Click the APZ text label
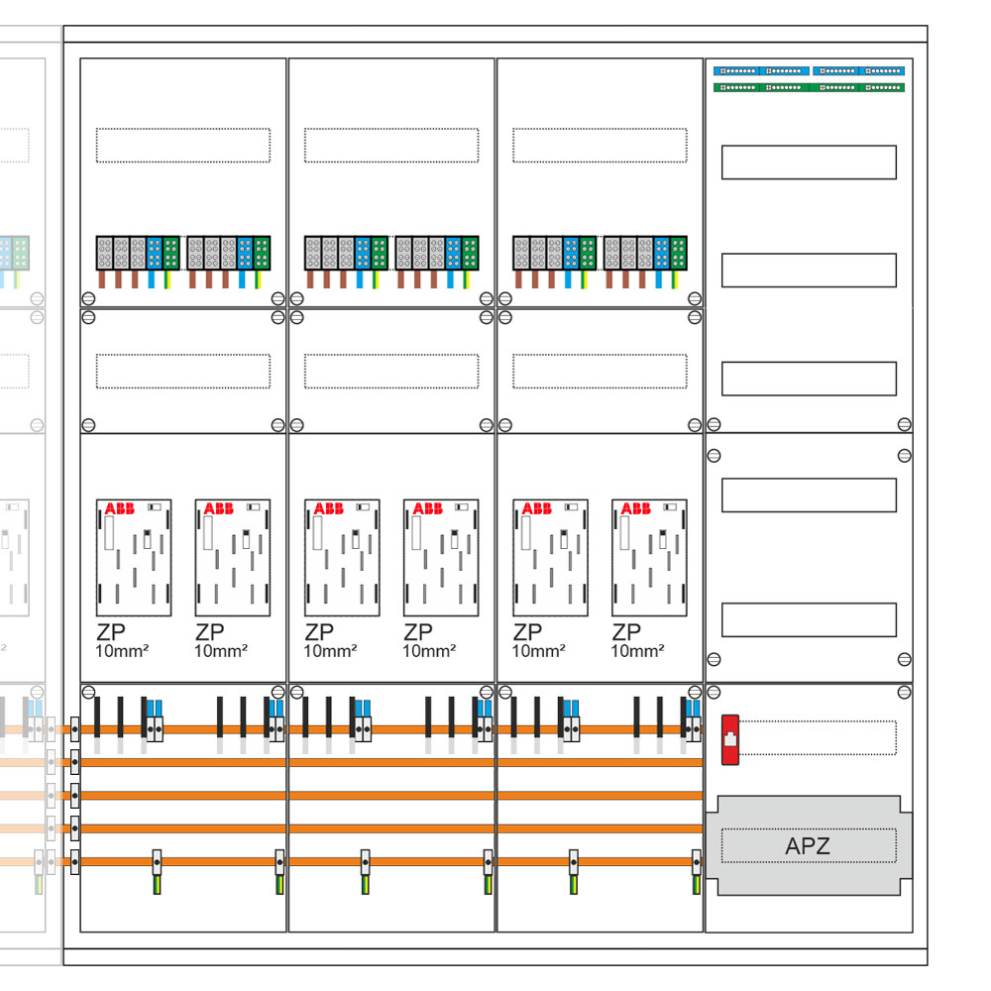pos(808,846)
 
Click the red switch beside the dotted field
pos(730,739)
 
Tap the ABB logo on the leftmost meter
pos(120,508)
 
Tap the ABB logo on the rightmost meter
pos(635,508)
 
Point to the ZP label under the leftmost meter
pos(111,632)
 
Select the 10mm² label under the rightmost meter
pos(637,651)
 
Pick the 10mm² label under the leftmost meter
pos(122,651)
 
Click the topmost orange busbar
pos(386,729)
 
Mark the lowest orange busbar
pos(386,861)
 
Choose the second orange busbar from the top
pos(386,762)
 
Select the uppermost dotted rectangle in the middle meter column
pos(391,145)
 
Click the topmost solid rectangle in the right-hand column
pos(809,162)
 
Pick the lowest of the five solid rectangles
pos(809,619)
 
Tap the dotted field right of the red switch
pos(819,738)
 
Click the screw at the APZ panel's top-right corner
pos(904,691)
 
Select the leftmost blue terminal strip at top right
pos(735,71)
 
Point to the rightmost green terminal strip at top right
pos(882,87)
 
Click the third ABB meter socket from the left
pos(342,557)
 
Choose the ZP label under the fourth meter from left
pos(418,632)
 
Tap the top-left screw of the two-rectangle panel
pos(712,456)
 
